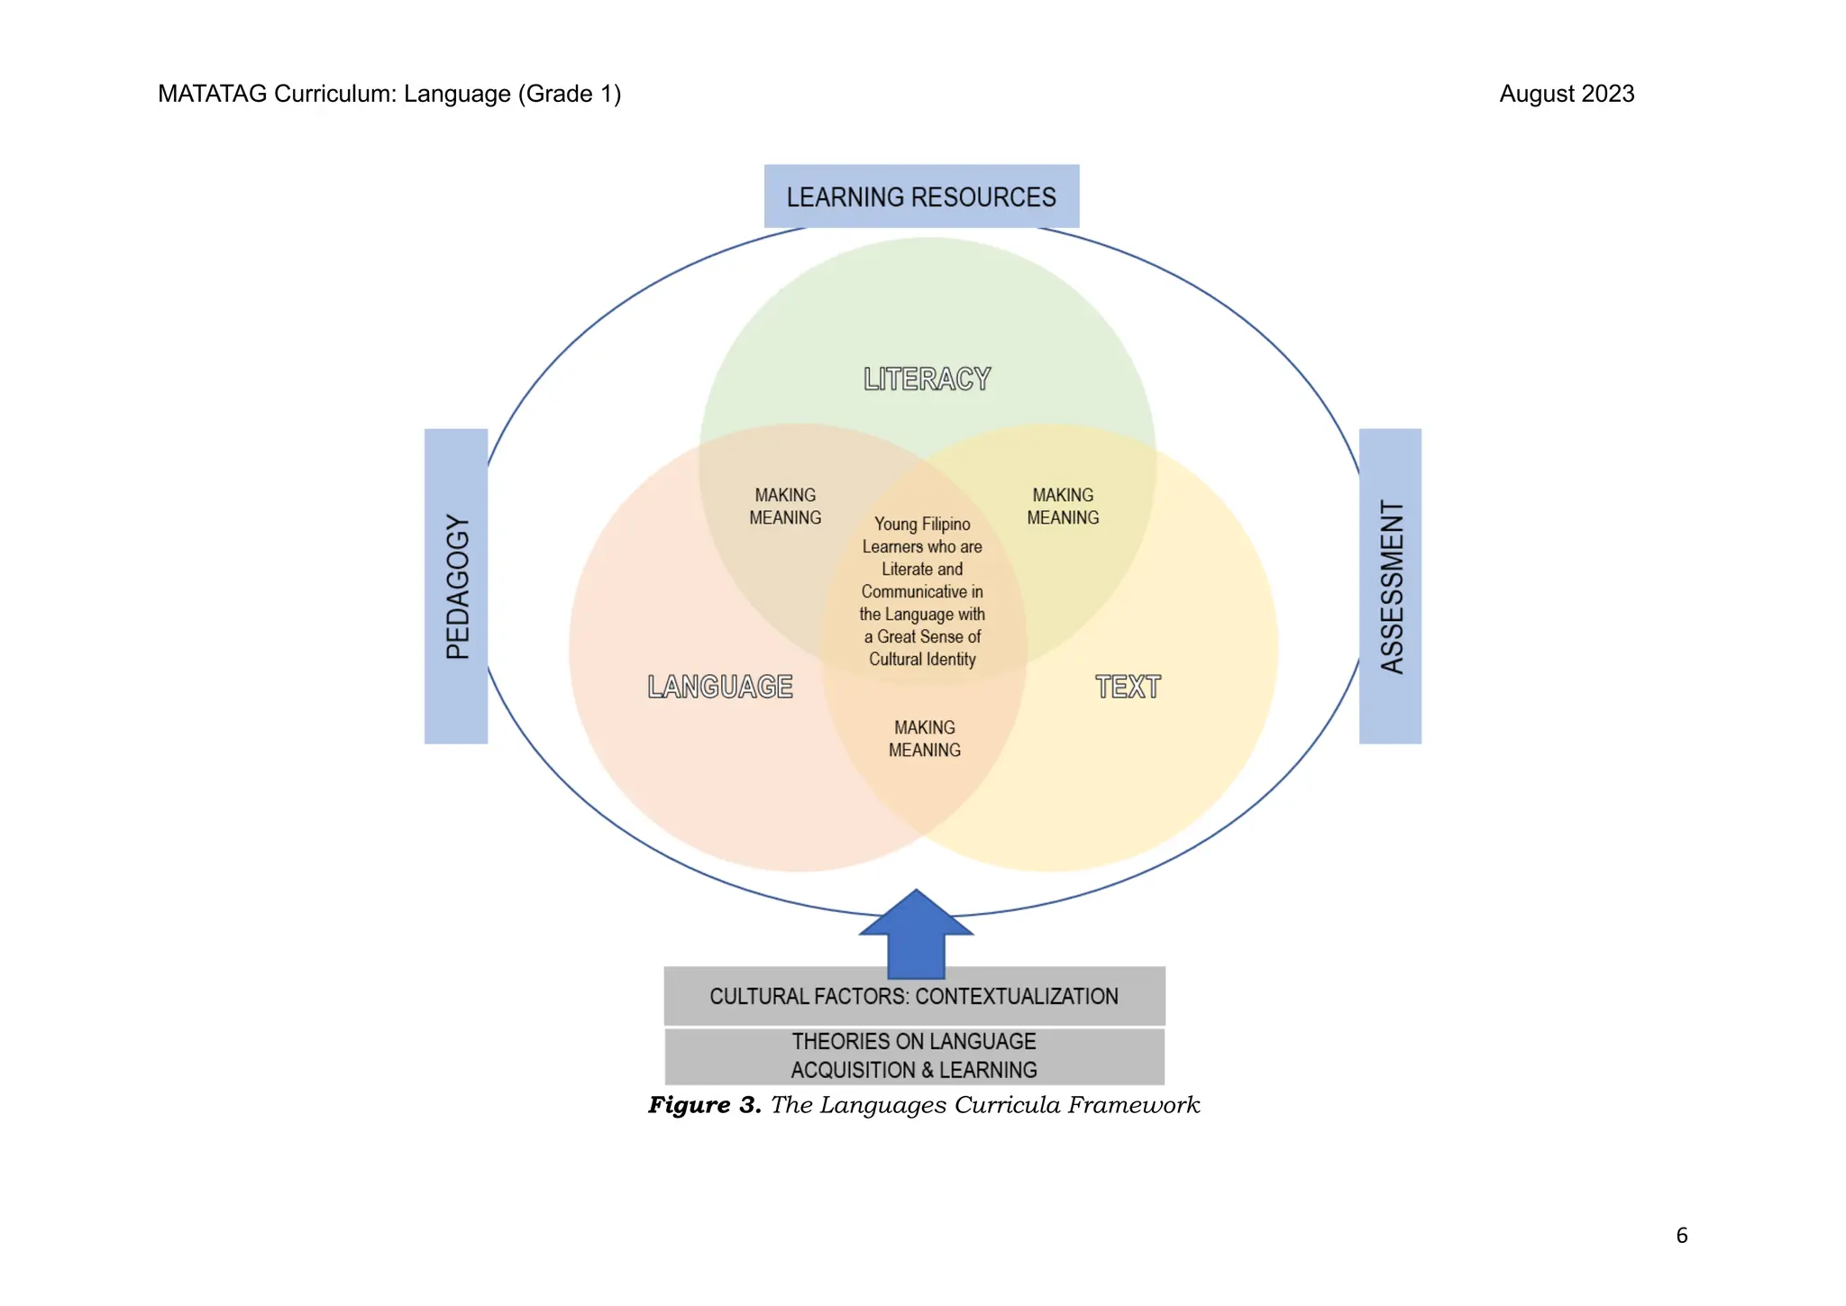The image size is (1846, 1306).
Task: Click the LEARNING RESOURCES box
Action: [x=921, y=196]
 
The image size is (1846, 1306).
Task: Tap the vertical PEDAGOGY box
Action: [x=456, y=586]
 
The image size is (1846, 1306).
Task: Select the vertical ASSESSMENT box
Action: [x=1390, y=586]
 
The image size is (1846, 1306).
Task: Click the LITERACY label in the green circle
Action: [x=927, y=379]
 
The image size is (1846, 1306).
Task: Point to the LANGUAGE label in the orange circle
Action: [x=720, y=687]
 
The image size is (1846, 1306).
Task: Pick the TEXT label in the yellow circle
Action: [x=1128, y=687]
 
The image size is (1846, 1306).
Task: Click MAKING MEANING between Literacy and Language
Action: [x=785, y=507]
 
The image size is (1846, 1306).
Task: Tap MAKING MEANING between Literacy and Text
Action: [x=1063, y=507]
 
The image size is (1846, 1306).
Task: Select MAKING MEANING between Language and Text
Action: [x=925, y=738]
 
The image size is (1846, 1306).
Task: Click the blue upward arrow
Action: [x=916, y=937]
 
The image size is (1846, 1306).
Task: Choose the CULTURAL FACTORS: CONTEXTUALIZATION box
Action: [x=914, y=996]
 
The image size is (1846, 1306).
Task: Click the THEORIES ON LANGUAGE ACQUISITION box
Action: [x=914, y=1055]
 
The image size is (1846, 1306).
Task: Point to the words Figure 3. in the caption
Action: [x=705, y=1105]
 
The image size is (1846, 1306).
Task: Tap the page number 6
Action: [x=1681, y=1236]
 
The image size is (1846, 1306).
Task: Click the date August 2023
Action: [x=1567, y=94]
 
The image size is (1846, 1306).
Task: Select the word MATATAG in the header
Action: [x=212, y=94]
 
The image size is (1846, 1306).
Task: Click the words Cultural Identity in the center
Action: [x=922, y=659]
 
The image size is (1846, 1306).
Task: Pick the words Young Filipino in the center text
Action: [x=922, y=524]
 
